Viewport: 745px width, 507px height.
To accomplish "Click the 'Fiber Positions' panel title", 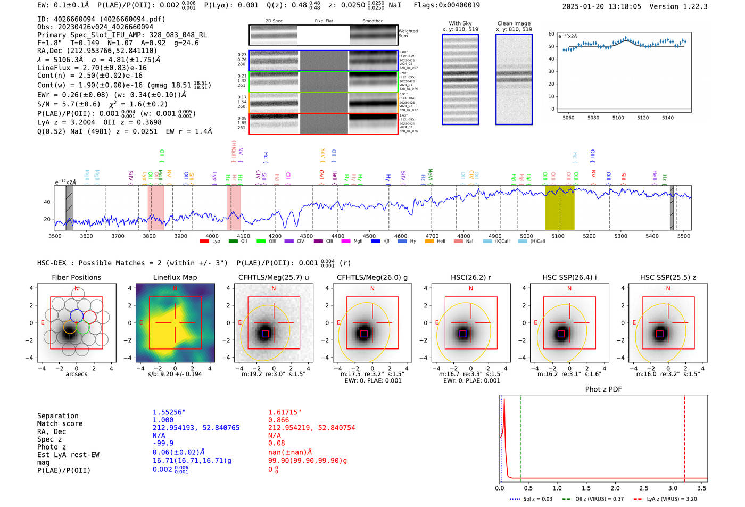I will [x=76, y=277].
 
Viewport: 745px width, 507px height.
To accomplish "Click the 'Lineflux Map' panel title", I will [x=175, y=277].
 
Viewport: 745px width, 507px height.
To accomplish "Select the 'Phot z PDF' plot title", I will [x=603, y=389].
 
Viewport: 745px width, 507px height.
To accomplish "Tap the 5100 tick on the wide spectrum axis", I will [x=558, y=236].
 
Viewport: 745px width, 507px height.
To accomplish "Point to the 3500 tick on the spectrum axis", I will [x=55, y=236].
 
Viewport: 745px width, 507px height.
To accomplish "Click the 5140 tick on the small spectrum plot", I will [x=667, y=118].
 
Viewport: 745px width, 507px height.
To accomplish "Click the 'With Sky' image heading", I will [x=460, y=23].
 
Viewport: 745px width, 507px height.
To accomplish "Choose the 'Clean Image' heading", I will [x=514, y=23].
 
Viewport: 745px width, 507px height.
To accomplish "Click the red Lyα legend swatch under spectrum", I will [x=204, y=242].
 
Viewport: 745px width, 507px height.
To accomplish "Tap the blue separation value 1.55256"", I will [x=169, y=413].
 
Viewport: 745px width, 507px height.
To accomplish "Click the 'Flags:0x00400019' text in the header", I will [x=446, y=5].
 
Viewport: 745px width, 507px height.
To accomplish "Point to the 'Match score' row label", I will [x=60, y=424].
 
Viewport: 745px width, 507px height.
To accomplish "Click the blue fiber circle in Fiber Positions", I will [x=76, y=315].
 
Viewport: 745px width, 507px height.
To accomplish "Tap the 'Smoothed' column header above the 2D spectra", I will [x=372, y=21].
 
